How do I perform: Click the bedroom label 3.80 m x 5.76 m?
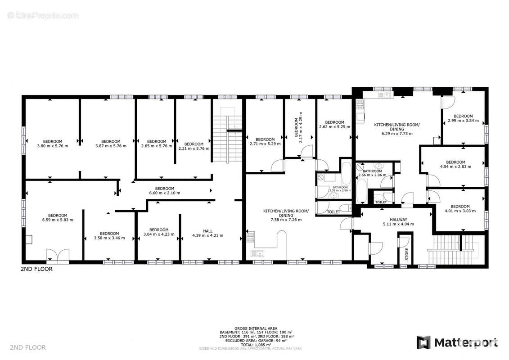[x=53, y=143]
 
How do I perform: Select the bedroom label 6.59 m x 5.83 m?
[x=58, y=217]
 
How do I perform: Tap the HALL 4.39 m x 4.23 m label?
[x=207, y=233]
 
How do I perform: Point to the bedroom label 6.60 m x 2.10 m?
[x=165, y=191]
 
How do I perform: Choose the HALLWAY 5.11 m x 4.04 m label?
[x=398, y=222]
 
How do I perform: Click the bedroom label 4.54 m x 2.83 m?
[x=455, y=164]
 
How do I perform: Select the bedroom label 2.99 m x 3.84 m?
[x=463, y=119]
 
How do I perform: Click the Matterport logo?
[x=457, y=342]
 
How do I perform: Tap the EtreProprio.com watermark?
[x=43, y=15]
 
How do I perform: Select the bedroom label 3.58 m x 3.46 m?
[x=109, y=235]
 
